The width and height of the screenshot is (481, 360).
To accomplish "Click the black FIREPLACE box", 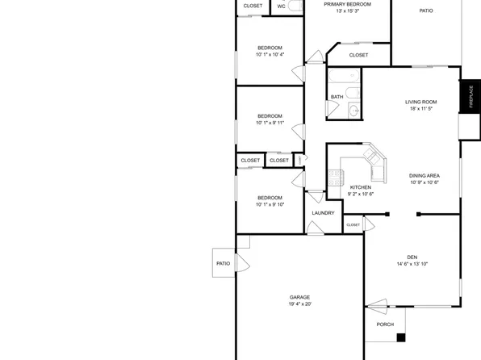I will [470, 97].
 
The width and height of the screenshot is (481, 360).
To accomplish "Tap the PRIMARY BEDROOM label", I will [347, 4].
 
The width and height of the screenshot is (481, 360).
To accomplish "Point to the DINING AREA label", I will [424, 175].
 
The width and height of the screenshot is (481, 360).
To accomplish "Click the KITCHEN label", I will [360, 186].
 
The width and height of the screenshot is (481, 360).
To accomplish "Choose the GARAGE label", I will [299, 297].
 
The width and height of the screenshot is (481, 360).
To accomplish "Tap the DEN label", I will [412, 257].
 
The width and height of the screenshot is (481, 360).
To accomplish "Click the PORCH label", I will [385, 324].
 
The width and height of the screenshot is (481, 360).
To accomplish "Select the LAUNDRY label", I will [323, 213].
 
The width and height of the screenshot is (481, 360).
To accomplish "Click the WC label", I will [281, 6].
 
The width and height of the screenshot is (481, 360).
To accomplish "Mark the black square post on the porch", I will [400, 337].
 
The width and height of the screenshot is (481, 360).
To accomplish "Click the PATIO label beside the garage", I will [223, 263].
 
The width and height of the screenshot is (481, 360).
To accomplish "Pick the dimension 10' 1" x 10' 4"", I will [270, 55].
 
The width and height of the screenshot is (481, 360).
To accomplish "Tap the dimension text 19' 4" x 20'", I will [299, 304].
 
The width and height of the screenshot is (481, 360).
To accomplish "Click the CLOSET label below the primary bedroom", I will [358, 55].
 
